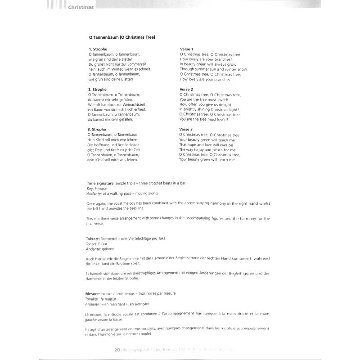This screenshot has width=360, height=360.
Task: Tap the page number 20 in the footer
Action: (x=117, y=350)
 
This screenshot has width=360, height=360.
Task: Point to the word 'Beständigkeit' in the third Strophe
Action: (x=133, y=144)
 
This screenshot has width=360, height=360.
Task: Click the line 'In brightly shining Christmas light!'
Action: (x=209, y=109)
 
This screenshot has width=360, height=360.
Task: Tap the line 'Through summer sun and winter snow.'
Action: (x=213, y=69)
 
